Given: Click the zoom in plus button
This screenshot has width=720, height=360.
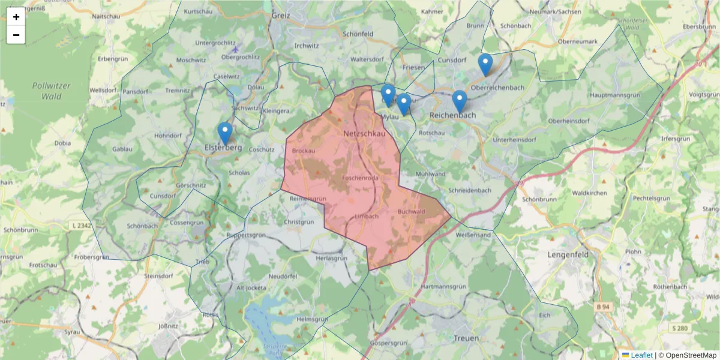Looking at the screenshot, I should tap(16, 17).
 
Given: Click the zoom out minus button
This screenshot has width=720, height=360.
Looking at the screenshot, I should tap(16, 35).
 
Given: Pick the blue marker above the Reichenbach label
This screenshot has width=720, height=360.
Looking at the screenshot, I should tap(460, 101).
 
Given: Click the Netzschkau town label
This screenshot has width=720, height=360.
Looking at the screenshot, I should tap(364, 133).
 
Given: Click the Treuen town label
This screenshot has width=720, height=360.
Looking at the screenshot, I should tap(467, 338).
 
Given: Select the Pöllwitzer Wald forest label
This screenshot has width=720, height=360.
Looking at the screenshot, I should tap(51, 90).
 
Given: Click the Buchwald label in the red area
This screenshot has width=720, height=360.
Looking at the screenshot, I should tap(411, 212).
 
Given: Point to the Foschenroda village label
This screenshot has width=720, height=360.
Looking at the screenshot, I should tap(360, 178).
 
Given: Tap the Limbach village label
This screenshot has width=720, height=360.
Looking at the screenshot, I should tap(367, 216).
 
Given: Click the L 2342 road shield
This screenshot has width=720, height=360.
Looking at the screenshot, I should tap(82, 225).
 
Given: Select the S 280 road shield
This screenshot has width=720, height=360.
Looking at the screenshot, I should tap(680, 328).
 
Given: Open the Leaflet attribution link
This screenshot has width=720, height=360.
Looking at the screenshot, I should tap(641, 355).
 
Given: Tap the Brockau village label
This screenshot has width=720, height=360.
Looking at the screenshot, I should tap(303, 151).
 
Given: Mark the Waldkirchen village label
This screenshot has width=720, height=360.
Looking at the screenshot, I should tap(589, 193).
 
